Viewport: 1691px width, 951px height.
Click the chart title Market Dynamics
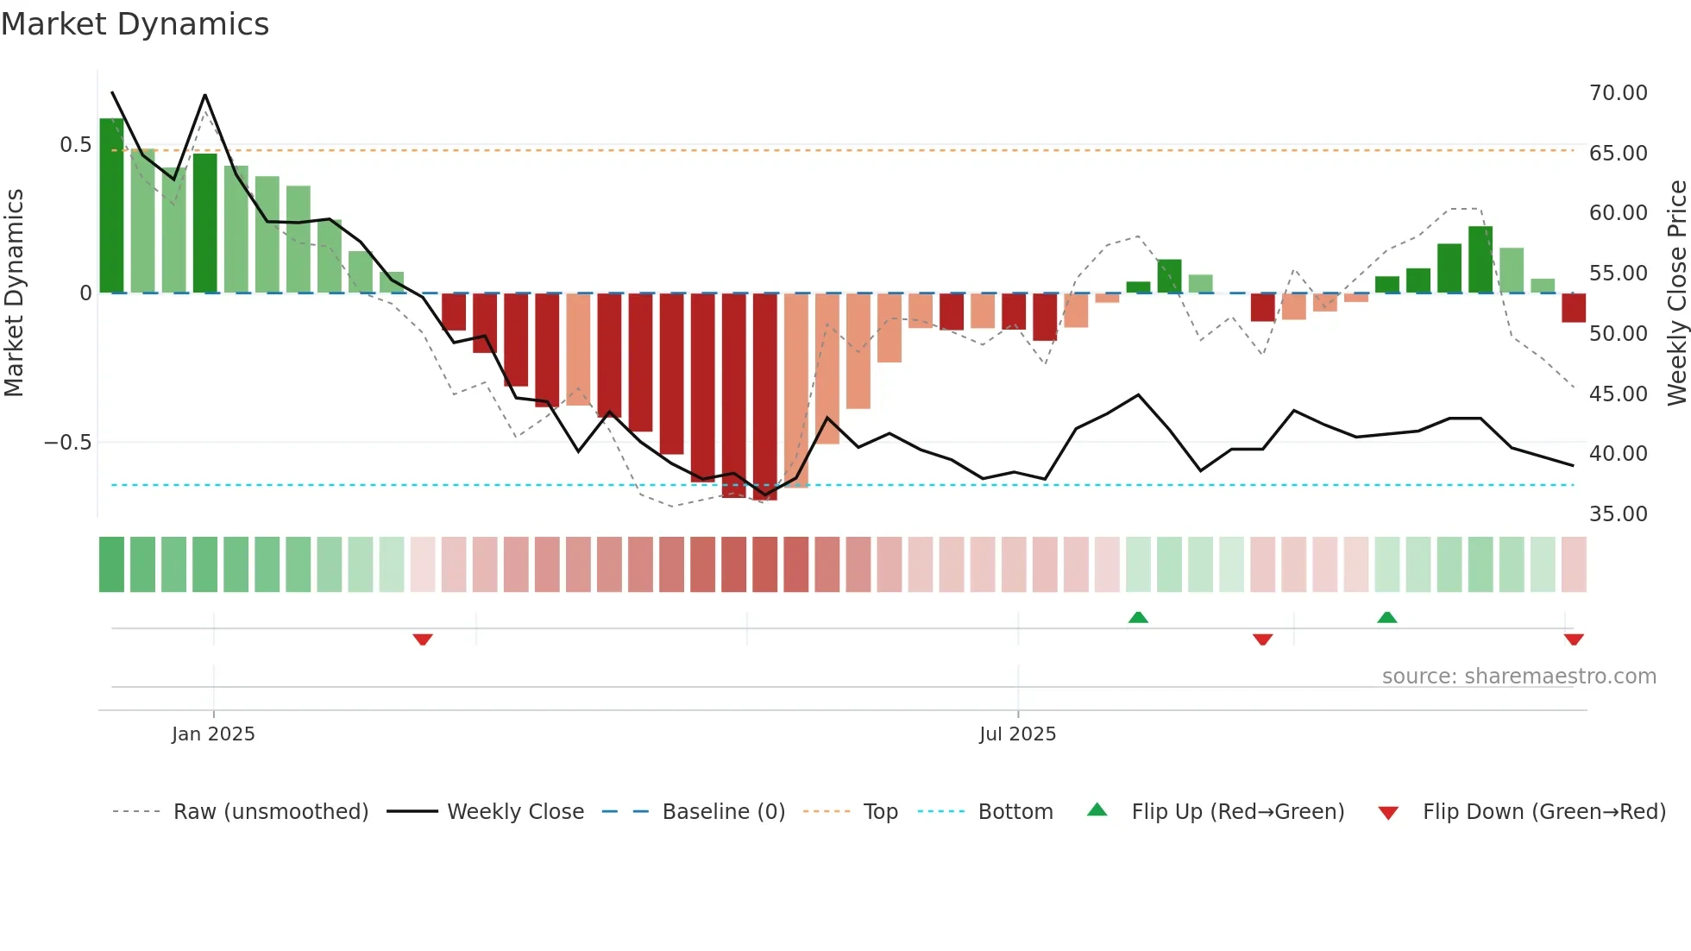pos(135,24)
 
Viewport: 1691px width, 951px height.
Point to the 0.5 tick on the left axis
pos(75,145)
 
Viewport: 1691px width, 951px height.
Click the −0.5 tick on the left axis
pos(67,443)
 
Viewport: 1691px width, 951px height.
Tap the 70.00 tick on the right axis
pos(1618,93)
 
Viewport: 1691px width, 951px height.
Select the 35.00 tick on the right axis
pos(1618,514)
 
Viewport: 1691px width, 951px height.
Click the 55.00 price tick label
pos(1618,274)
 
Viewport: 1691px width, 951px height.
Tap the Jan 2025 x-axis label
pos(213,734)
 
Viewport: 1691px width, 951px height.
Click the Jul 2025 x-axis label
pos(1017,734)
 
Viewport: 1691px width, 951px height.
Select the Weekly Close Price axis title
pos(1676,293)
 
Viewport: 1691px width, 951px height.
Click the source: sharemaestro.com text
pos(1518,677)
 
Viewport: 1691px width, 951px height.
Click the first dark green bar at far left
pos(111,207)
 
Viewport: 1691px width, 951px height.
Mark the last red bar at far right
pos(1573,308)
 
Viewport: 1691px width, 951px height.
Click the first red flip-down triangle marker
pos(423,639)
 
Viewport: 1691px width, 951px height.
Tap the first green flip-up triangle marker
pos(1138,617)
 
